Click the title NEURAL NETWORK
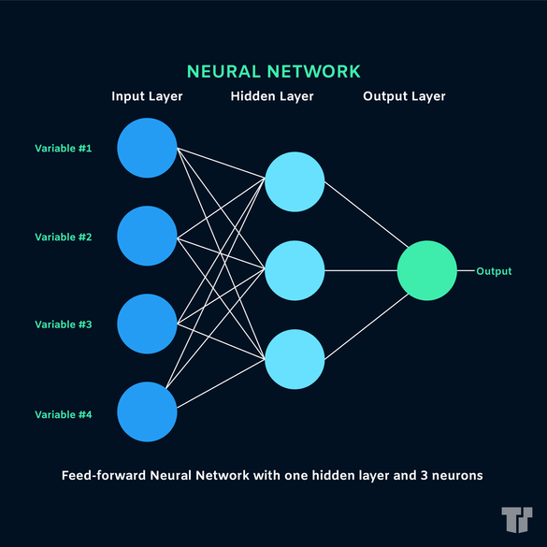pyautogui.click(x=273, y=71)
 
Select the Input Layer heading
pyautogui.click(x=147, y=96)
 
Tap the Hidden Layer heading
pyautogui.click(x=271, y=96)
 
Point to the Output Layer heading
pyautogui.click(x=404, y=96)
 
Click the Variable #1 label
pyautogui.click(x=64, y=149)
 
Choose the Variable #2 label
pyautogui.click(x=64, y=237)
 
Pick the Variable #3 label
pyautogui.click(x=64, y=324)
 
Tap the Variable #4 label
pyautogui.click(x=64, y=414)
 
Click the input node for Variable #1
pyautogui.click(x=147, y=149)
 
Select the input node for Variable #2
pyautogui.click(x=147, y=237)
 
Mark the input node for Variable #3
pyautogui.click(x=147, y=324)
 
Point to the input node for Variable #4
pyautogui.click(x=147, y=412)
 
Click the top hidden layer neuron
pyautogui.click(x=295, y=182)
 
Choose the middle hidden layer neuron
pyautogui.click(x=295, y=271)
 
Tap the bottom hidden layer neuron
pyautogui.click(x=295, y=359)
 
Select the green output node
pyautogui.click(x=426, y=271)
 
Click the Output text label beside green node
pyautogui.click(x=494, y=271)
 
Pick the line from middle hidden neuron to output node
pyautogui.click(x=360, y=271)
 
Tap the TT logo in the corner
pyautogui.click(x=516, y=519)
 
